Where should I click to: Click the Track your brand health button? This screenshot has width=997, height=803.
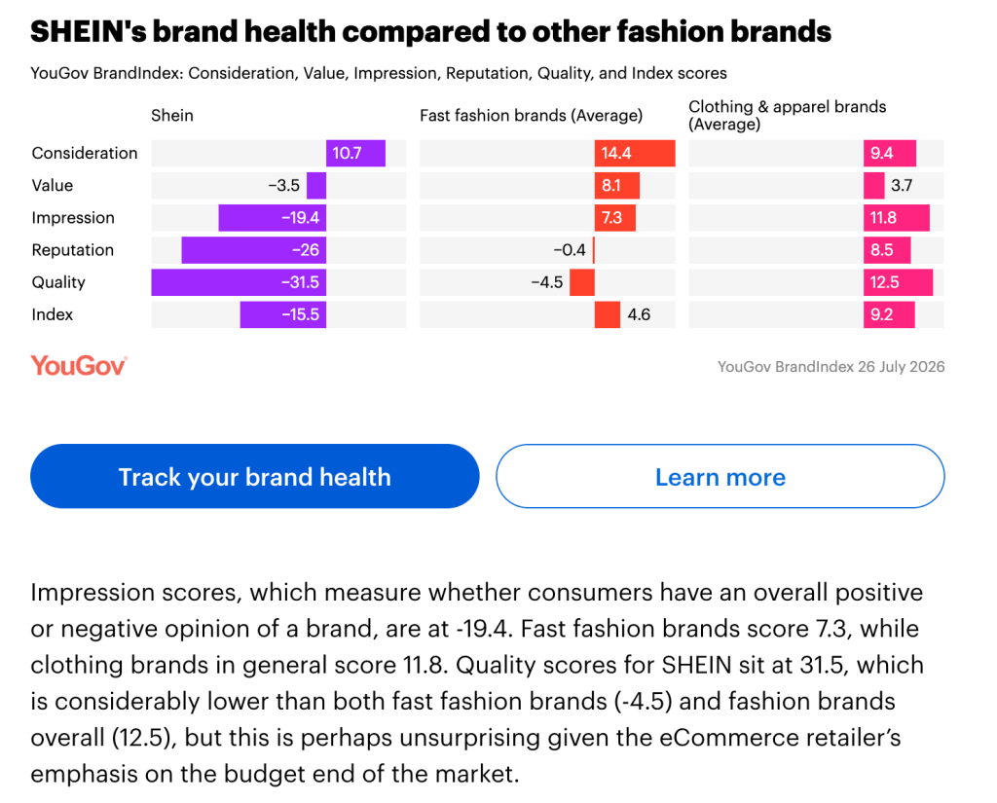tap(254, 476)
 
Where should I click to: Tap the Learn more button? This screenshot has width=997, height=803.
tap(720, 476)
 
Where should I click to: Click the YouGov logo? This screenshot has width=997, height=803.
tap(79, 366)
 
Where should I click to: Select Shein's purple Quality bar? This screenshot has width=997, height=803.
tap(239, 282)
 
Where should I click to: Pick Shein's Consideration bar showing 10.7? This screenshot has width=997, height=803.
tap(355, 153)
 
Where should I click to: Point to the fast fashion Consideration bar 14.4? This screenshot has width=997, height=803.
tap(635, 153)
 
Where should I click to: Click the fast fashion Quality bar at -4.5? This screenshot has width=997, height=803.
tap(582, 282)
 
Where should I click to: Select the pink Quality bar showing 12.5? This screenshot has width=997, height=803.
tap(898, 282)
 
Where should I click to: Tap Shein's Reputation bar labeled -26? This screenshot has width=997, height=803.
tap(254, 250)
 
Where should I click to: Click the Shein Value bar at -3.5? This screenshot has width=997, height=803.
tap(316, 186)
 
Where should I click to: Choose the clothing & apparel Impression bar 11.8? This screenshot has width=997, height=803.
tap(896, 218)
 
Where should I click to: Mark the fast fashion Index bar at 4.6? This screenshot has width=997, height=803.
tap(608, 314)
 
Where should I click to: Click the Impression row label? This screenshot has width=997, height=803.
tap(73, 218)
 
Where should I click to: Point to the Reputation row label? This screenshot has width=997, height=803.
tap(72, 250)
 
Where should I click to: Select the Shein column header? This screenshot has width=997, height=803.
tap(171, 115)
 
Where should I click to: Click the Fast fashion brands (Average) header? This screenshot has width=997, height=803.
tap(531, 116)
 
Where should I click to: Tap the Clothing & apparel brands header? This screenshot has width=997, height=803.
tap(787, 115)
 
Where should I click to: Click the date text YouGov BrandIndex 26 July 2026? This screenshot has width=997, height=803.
tap(831, 367)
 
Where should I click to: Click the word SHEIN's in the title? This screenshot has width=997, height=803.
tap(88, 31)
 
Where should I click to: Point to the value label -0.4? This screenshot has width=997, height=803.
tap(569, 250)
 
